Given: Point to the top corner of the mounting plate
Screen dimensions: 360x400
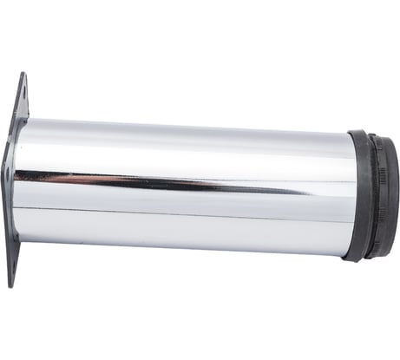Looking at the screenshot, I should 23,74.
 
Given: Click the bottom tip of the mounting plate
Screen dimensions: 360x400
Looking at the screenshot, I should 10,285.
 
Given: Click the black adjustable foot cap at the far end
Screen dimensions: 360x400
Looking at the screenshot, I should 386,195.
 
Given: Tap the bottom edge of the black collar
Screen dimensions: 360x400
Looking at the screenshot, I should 354,259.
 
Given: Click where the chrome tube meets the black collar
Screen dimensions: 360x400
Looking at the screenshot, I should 347,195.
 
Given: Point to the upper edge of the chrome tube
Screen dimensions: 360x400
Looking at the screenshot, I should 174,121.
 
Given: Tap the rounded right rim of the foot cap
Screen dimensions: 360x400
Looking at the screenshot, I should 396,195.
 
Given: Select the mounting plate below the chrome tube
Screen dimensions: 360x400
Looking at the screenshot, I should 13,260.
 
